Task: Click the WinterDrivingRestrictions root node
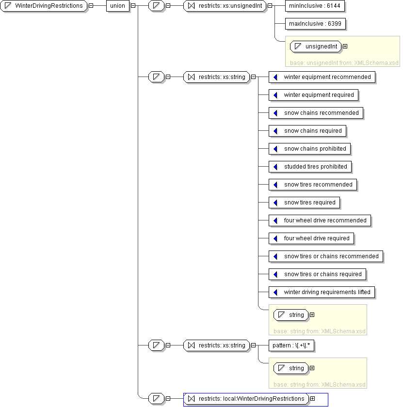tap(44, 6)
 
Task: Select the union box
tap(118, 6)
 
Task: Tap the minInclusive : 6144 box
tap(315, 6)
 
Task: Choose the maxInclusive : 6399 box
tap(315, 24)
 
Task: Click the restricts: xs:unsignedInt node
tap(225, 6)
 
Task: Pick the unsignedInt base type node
tap(316, 47)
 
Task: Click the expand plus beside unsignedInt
tap(345, 46)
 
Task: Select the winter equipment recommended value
tap(322, 77)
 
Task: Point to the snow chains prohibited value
tap(309, 149)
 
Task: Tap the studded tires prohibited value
tap(310, 167)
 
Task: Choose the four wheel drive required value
tap(311, 238)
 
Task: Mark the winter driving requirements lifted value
tap(322, 292)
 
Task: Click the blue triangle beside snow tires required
tap(275, 203)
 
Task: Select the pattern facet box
tap(291, 345)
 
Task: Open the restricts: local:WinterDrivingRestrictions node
tap(246, 399)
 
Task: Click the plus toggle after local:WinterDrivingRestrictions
tap(313, 398)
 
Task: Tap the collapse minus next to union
tap(133, 5)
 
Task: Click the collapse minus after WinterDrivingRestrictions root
tap(91, 5)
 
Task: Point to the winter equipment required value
tap(313, 95)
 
